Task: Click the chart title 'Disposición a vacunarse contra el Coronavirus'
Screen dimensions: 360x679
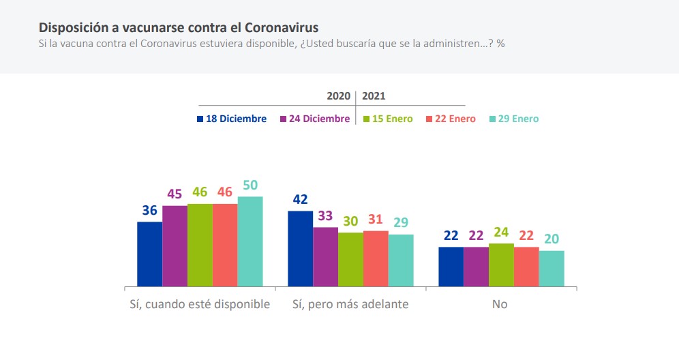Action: click(179, 27)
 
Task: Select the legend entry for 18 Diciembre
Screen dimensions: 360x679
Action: click(232, 119)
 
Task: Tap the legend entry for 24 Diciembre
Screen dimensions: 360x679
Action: click(315, 119)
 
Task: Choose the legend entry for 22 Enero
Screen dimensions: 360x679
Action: click(451, 119)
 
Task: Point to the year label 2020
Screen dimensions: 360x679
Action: click(338, 96)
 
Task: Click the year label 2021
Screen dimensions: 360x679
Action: click(374, 96)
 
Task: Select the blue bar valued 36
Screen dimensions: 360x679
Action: click(149, 254)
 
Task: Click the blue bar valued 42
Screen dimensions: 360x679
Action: click(300, 248)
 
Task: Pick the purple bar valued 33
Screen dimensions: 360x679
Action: click(325, 256)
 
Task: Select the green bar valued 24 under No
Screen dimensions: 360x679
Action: click(501, 265)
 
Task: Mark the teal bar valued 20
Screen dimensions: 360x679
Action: click(552, 268)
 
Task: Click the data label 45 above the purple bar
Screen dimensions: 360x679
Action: click(175, 194)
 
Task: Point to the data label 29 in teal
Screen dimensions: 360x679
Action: click(401, 223)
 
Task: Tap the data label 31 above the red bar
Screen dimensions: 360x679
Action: click(376, 220)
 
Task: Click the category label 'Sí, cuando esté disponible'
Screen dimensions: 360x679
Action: click(200, 304)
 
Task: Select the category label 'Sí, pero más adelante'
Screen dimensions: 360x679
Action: click(350, 304)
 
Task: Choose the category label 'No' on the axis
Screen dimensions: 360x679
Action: click(500, 304)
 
